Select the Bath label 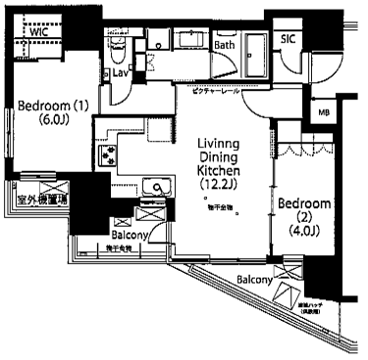click(225, 44)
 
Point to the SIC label click(288, 38)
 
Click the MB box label click(323, 114)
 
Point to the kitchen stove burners click(106, 154)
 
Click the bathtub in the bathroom click(259, 47)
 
